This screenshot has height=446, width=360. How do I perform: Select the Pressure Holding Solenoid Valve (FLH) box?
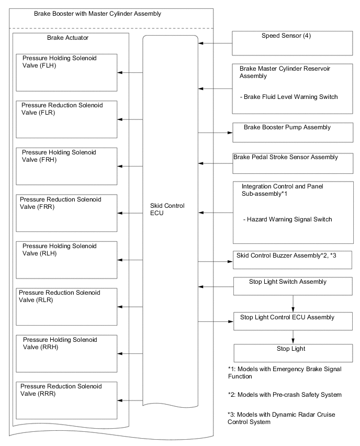pyautogui.click(x=66, y=72)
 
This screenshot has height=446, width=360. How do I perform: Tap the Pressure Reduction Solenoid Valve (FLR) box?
pyautogui.click(x=66, y=119)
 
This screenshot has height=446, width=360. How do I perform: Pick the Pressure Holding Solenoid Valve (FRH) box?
pyautogui.click(x=66, y=166)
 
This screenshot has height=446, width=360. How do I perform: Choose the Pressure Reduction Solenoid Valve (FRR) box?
pyautogui.click(x=66, y=213)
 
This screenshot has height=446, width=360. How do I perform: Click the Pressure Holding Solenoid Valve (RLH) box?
pyautogui.click(x=66, y=260)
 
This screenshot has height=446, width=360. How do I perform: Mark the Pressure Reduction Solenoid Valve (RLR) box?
pyautogui.click(x=66, y=306)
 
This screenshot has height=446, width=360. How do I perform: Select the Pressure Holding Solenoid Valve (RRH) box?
pyautogui.click(x=66, y=353)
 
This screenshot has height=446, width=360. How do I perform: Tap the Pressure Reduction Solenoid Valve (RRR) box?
pyautogui.click(x=66, y=400)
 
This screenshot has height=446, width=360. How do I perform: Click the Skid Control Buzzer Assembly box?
pyautogui.click(x=292, y=260)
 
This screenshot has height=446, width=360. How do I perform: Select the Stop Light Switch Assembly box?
pyautogui.click(x=292, y=286)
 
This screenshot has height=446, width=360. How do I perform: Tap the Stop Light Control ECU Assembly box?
pyautogui.click(x=292, y=320)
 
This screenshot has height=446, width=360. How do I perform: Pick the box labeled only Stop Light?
pyautogui.click(x=292, y=352)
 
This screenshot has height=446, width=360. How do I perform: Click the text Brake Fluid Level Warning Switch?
pyautogui.click(x=287, y=96)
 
